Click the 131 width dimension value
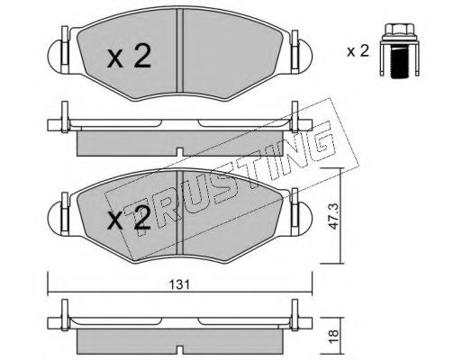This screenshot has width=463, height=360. coord(179,284)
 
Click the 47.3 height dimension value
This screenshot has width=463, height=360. coord(333,216)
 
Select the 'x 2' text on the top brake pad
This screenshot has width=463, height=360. coord(129,56)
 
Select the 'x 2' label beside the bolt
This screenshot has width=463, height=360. coord(358,51)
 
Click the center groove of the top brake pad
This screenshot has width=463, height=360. coord(180,50)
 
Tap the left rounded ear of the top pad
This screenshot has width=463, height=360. coord(55,56)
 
